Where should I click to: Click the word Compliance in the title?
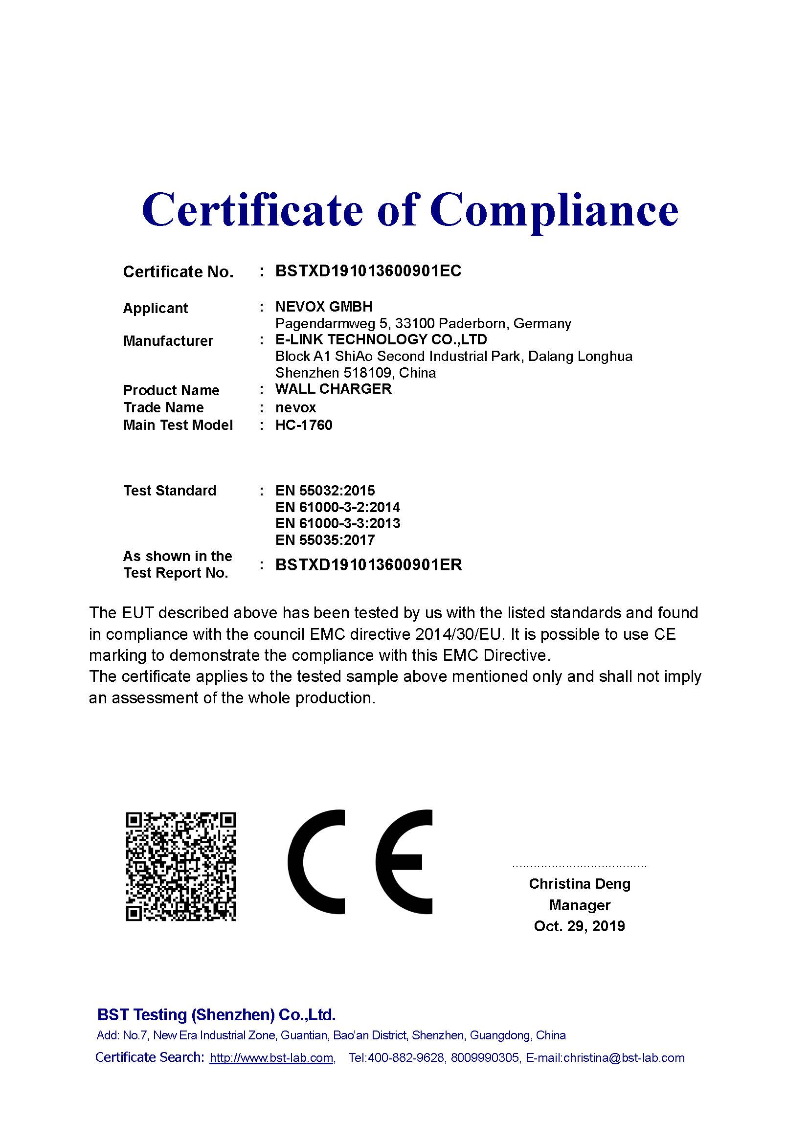point(554,209)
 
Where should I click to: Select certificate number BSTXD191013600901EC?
point(368,271)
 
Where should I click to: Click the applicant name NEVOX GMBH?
point(324,307)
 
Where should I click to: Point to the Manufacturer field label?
point(168,341)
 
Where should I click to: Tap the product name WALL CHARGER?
point(333,389)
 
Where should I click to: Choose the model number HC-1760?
point(304,425)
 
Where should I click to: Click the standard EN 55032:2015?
point(325,491)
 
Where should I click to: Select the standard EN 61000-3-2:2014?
point(337,507)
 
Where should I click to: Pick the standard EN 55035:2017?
point(325,540)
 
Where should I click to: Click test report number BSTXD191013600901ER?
point(369,564)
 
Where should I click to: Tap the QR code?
point(180,867)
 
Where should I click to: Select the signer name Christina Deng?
point(579,883)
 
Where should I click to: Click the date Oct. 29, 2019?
point(579,926)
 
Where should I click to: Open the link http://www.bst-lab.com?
point(271,1058)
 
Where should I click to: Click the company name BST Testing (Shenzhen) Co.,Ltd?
point(216,1014)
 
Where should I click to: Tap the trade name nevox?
point(295,407)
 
